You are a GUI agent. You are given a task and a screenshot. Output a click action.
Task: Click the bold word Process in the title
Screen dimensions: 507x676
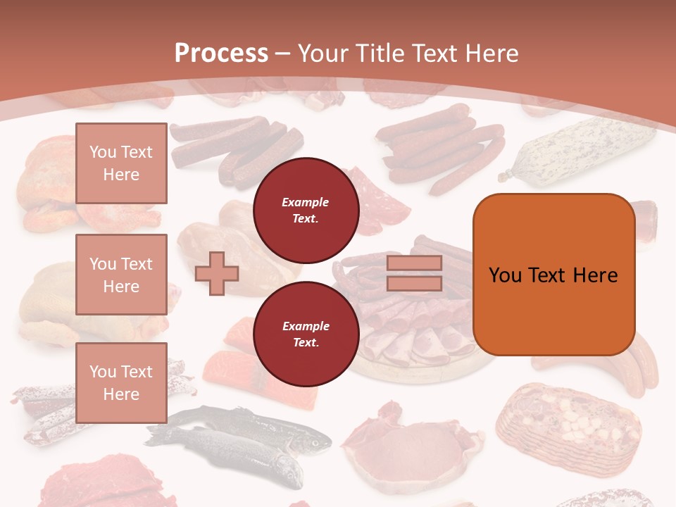221,53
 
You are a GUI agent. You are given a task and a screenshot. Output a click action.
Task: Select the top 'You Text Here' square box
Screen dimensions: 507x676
121,163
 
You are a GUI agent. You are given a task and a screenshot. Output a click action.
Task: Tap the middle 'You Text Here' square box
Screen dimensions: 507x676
121,275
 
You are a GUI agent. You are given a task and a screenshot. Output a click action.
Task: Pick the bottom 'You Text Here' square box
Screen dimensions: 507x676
121,382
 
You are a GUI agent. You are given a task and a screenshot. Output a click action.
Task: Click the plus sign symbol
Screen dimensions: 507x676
217,273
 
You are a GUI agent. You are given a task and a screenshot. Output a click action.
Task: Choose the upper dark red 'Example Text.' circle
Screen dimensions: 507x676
306,210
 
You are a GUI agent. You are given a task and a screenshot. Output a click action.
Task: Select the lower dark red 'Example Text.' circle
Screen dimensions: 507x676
306,334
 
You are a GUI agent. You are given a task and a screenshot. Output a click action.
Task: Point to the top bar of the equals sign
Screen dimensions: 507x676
414,263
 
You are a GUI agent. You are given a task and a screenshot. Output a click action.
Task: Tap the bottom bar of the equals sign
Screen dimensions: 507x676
414,283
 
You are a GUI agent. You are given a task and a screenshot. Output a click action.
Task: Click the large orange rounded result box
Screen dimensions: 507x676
553,275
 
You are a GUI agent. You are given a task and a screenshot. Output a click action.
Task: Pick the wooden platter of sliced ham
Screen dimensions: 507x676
415,352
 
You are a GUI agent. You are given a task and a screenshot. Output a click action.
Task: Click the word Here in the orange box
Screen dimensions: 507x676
595,275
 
